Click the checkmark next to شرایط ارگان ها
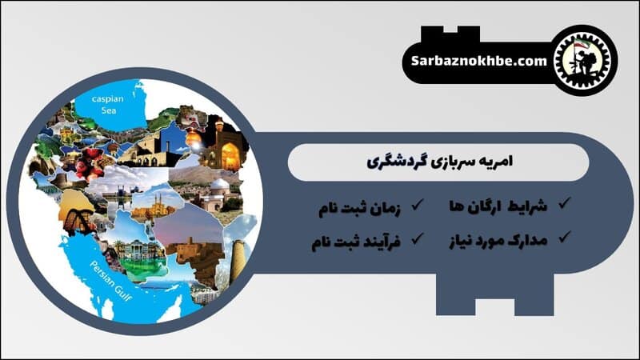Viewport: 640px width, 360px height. tap(564, 205)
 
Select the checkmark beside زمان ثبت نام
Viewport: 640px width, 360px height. tap(416, 206)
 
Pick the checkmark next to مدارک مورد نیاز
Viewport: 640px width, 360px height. tap(564, 237)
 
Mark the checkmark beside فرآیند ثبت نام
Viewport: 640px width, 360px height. tap(416, 238)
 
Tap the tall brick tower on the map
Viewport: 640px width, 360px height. tap(237, 256)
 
